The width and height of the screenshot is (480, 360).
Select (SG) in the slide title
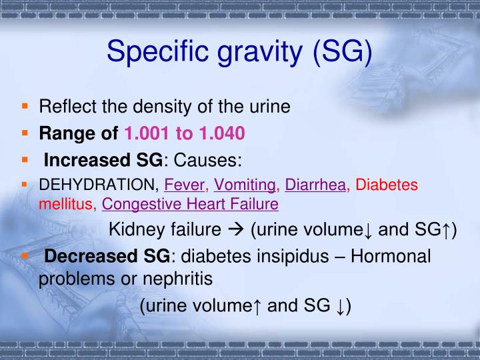[x=339, y=52]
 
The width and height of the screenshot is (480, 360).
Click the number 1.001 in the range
[x=147, y=133]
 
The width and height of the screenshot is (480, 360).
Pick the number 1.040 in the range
[x=219, y=133]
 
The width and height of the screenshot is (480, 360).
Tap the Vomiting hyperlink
[x=245, y=185]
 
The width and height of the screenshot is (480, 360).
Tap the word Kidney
[x=136, y=230]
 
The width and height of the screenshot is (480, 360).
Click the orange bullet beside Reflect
[x=25, y=105]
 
